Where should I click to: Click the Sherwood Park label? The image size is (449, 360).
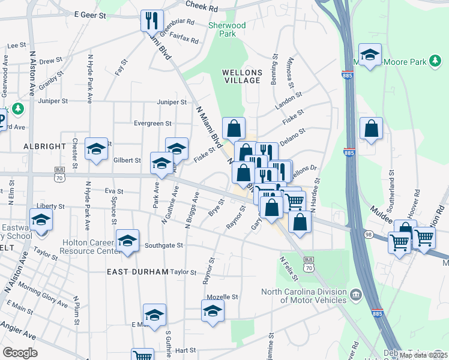(227, 30)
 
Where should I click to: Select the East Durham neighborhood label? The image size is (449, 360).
(137, 272)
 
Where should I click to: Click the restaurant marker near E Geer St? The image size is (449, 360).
(152, 21)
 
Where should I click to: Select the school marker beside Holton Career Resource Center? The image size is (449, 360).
(127, 241)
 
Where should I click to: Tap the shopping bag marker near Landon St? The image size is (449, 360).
(234, 128)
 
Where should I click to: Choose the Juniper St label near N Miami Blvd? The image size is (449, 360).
(172, 103)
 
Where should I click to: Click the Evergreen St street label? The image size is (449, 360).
(152, 124)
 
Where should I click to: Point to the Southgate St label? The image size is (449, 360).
(163, 245)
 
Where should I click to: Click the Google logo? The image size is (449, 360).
(20, 353)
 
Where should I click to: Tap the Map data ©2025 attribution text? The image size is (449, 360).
(423, 355)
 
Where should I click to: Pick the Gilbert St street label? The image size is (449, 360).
(127, 161)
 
